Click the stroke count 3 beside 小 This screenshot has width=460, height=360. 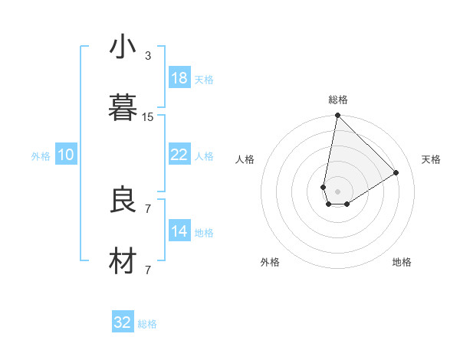[x=148, y=56]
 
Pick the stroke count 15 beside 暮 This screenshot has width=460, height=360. [x=148, y=117]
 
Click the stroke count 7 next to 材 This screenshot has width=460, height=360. [x=148, y=270]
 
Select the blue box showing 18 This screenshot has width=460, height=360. [x=179, y=78]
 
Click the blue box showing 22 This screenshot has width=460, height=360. [x=179, y=155]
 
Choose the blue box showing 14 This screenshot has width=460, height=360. [x=179, y=231]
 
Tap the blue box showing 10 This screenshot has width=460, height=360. [x=66, y=155]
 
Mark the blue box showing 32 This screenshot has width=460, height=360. [x=123, y=322]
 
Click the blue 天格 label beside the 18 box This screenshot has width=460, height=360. [x=204, y=80]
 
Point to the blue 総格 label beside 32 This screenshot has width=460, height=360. [x=147, y=324]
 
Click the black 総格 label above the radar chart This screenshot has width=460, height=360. [x=338, y=100]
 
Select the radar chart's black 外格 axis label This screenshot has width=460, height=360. [x=270, y=262]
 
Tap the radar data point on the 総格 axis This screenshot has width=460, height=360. [x=337, y=116]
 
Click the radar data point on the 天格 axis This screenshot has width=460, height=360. [x=396, y=172]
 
